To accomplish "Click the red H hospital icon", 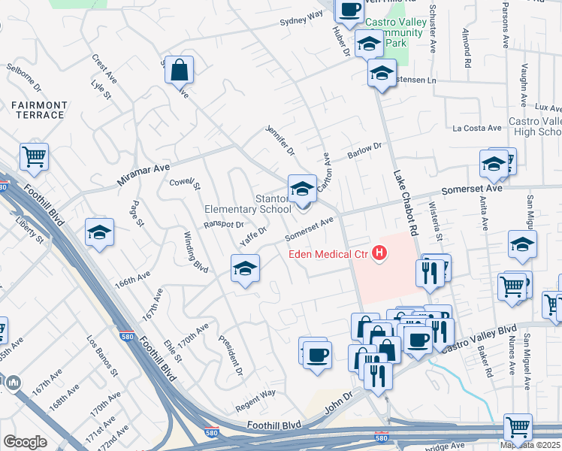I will tap(380, 254).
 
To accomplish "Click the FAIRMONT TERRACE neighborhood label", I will tap(38, 110).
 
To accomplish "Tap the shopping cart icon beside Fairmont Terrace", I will tap(34, 157).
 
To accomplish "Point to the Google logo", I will tap(25, 442).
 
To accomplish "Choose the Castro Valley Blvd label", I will tap(479, 337).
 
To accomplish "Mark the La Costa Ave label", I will tap(476, 129).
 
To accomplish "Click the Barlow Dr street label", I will tap(364, 150).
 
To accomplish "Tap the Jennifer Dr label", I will tap(279, 141).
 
